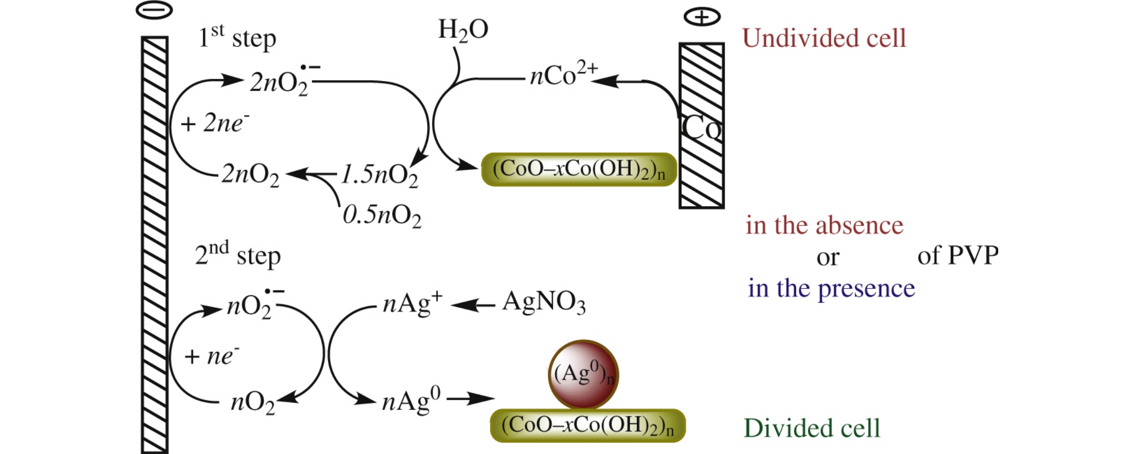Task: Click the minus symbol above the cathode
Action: coord(154,10)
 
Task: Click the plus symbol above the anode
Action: coord(702,17)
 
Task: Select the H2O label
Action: coord(463,30)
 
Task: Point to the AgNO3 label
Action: coord(544,302)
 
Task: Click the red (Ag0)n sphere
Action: coord(584,375)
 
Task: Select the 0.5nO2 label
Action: coord(382,215)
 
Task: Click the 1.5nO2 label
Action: coord(379,175)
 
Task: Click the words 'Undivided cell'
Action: coord(824,38)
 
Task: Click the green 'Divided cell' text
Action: coord(812,428)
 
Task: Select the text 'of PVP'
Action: coord(958,255)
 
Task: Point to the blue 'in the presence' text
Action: coord(831,288)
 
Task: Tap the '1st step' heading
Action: coord(237,38)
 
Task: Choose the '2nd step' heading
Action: coord(238,255)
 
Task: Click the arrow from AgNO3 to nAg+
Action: coord(473,305)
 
